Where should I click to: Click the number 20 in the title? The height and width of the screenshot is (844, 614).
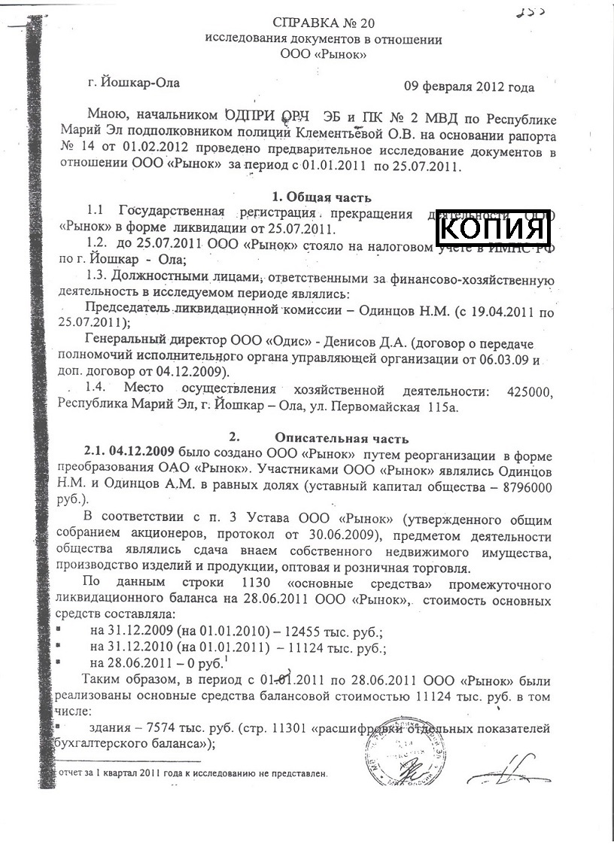pos(345,22)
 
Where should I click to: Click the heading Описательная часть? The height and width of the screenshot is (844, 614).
pos(342,437)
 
